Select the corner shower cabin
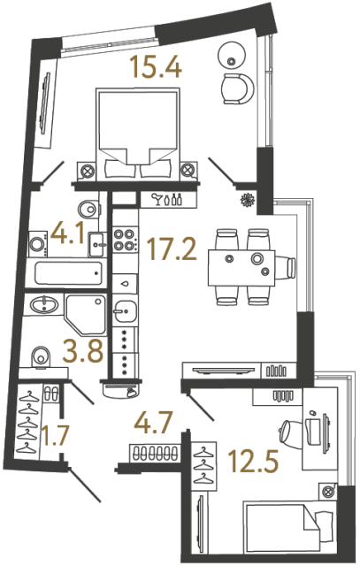(85, 313)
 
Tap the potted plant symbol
(248, 200)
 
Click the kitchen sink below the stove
(124, 312)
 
